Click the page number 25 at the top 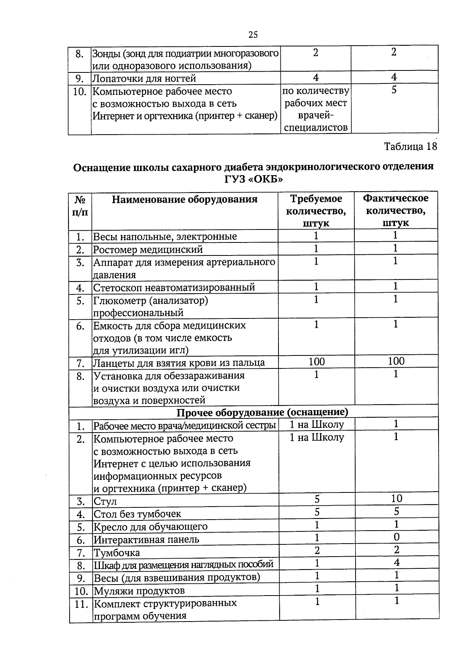[253, 35]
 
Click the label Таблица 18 [410, 146]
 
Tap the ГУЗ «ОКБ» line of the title [254, 179]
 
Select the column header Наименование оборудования [184, 199]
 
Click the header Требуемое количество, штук [316, 211]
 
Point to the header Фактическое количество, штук [395, 211]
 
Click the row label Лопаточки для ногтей [144, 78]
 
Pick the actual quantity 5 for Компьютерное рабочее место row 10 [394, 90]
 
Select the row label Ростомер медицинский [148, 250]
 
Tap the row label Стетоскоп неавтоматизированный [174, 287]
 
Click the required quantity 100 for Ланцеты [317, 361]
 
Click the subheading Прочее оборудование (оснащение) [262, 412]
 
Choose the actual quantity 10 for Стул [396, 498]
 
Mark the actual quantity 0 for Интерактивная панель [396, 537]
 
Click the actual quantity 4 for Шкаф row [396, 563]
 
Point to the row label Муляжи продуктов [139, 591]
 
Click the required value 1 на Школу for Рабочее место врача [317, 424]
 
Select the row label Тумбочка [117, 553]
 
